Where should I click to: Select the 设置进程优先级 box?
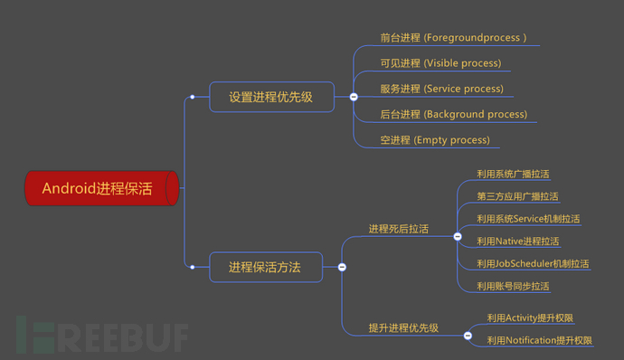pos(270,97)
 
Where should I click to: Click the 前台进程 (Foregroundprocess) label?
pos(453,38)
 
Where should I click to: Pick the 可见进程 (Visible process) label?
pos(440,63)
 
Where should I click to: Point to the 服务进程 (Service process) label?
pos(441,89)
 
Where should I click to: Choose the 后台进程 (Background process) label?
pos(453,115)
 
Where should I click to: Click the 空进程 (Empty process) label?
pos(435,140)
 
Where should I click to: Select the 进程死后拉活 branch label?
pos(398,229)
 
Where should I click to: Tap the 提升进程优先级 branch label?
pos(403,327)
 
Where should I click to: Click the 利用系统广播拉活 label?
pos(514,174)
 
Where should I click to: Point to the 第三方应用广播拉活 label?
pos(518,196)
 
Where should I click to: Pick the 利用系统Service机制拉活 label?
pos(528,219)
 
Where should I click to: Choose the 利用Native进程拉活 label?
pos(518,242)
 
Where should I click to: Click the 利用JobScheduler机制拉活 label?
pos(533,263)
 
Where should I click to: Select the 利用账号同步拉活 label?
pos(514,286)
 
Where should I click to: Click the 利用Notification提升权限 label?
pos(539,340)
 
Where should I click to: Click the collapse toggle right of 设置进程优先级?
pos(354,97)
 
